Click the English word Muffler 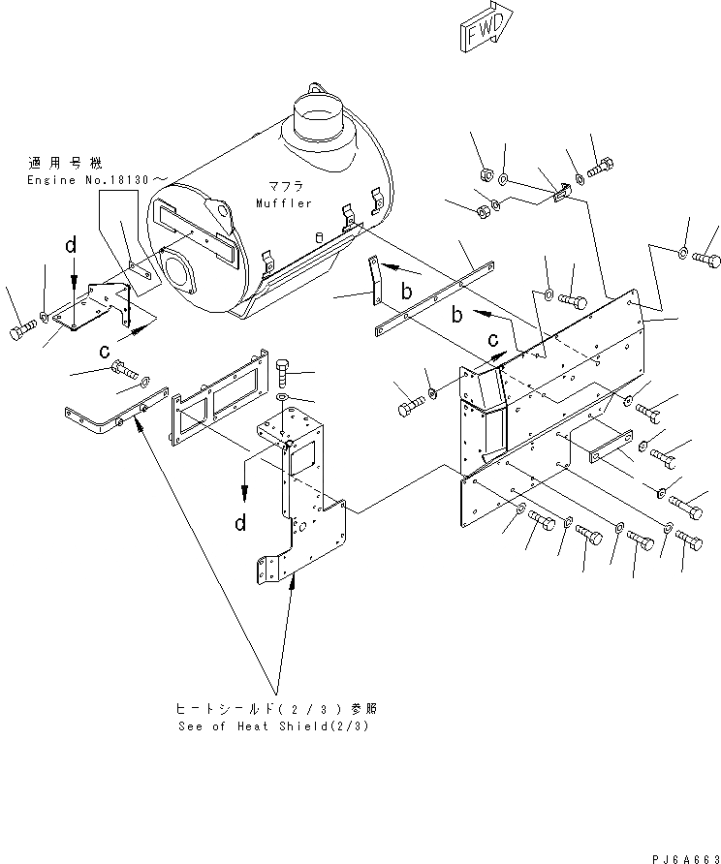point(284,203)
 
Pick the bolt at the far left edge point(21,332)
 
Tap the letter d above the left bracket point(71,247)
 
